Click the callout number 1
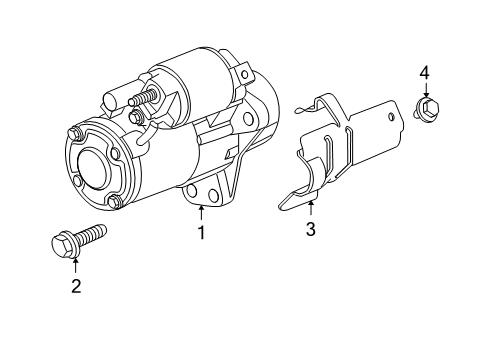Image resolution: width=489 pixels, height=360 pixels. click(x=201, y=233)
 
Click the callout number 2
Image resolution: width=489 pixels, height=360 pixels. click(x=75, y=287)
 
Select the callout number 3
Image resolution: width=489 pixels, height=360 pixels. click(x=310, y=230)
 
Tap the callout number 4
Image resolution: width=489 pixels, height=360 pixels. click(x=424, y=72)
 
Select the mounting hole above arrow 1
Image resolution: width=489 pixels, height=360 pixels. click(x=191, y=190)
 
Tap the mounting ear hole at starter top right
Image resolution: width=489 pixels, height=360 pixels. click(x=242, y=71)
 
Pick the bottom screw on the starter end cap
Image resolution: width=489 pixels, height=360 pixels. click(x=114, y=202)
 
